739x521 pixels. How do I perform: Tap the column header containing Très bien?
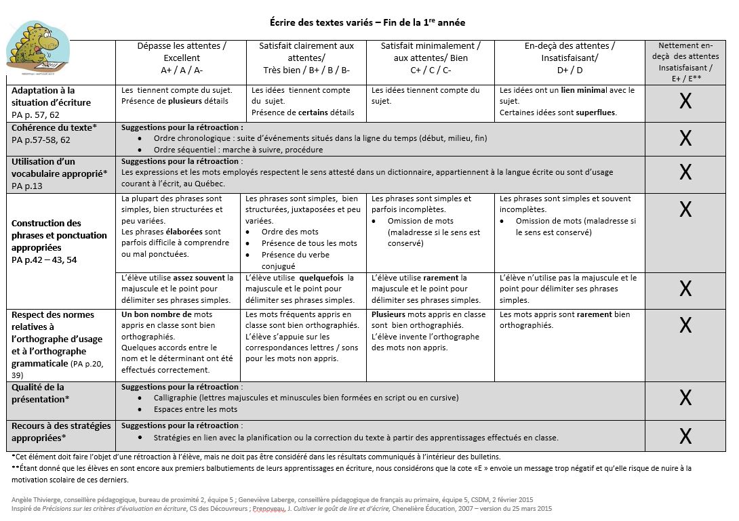pyautogui.click(x=306, y=58)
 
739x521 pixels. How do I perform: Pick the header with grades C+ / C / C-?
pyautogui.click(x=431, y=58)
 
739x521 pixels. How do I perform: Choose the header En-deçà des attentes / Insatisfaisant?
pyautogui.click(x=570, y=58)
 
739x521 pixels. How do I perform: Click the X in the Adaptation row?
pyautogui.click(x=685, y=102)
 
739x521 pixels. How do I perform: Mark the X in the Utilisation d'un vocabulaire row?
pyautogui.click(x=685, y=173)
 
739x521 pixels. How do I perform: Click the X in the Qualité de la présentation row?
pyautogui.click(x=685, y=398)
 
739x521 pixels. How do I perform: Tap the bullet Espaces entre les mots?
pyautogui.click(x=196, y=409)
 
